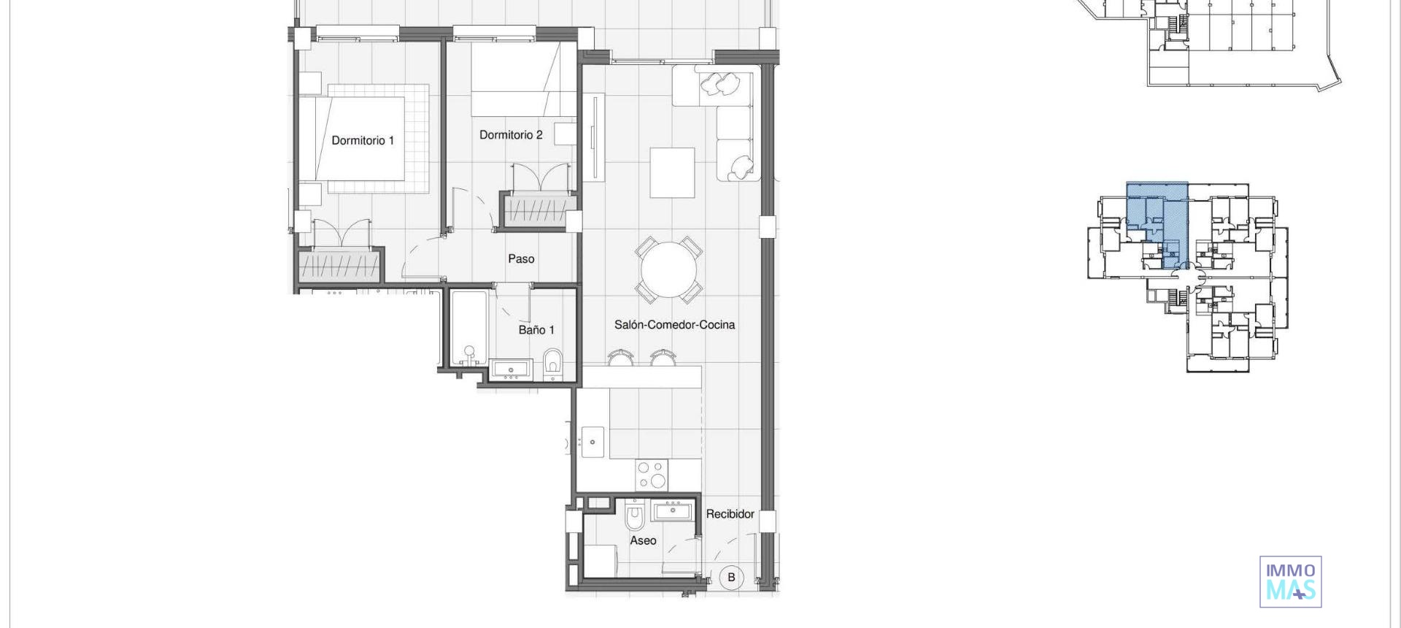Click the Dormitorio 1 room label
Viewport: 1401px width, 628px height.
tap(363, 140)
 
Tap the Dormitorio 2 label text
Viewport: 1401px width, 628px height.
tap(511, 134)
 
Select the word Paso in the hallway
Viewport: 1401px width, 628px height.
tap(521, 259)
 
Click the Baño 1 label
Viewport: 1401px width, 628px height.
tap(536, 330)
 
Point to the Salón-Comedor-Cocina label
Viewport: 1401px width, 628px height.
tap(674, 324)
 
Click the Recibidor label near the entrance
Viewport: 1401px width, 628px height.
tap(730, 513)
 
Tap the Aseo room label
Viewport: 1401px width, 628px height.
tap(643, 540)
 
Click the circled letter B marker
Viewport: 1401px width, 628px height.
tap(731, 577)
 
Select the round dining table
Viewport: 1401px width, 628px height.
tap(669, 269)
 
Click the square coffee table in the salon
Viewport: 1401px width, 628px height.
tap(672, 172)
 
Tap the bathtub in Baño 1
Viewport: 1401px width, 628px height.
tap(468, 329)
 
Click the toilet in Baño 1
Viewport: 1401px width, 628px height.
tap(554, 364)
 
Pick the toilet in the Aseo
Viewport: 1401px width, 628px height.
tap(635, 516)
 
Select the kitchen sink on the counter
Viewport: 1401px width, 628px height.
tap(592, 442)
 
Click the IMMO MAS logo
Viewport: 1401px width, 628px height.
tap(1290, 582)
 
